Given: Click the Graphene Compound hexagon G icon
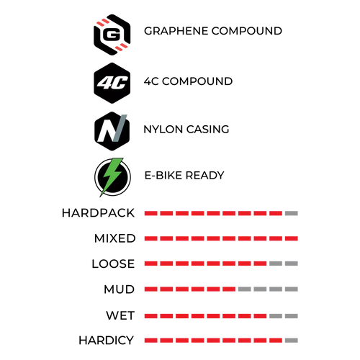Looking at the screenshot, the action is tap(112, 35).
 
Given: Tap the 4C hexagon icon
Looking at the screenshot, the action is tap(112, 83).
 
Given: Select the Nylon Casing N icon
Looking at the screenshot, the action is tap(112, 131).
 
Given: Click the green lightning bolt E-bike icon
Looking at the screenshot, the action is tap(112, 177).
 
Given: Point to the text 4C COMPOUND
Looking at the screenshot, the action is tap(188, 81).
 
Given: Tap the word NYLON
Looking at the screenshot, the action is tap(163, 130).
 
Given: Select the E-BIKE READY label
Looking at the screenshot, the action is tap(184, 176).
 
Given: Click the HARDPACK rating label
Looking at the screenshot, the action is tap(98, 213).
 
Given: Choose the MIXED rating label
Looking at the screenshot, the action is tap(115, 238).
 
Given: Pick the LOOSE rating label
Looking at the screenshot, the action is tap(113, 264).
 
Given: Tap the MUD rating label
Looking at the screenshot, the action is tap(119, 289).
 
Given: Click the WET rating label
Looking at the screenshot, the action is tap(120, 315).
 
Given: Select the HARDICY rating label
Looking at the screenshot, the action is tap(106, 341).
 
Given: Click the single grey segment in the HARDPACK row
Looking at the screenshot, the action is tap(292, 213).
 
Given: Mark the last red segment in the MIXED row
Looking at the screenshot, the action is tap(292, 238).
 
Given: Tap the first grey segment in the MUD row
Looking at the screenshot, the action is tap(245, 289).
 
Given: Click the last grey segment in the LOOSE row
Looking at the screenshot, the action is tap(292, 264).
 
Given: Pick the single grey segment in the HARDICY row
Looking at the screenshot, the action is tap(292, 341).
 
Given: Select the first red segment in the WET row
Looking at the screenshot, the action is tap(151, 316).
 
